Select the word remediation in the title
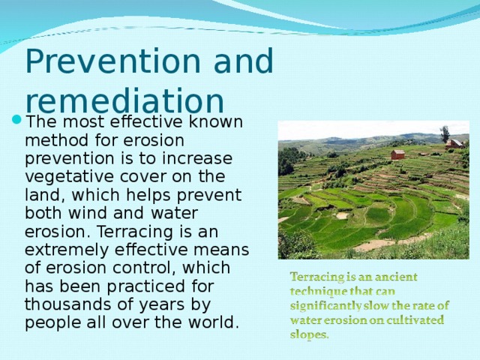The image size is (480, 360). (x=124, y=101)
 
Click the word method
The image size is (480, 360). (x=56, y=140)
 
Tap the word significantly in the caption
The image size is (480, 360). (x=326, y=305)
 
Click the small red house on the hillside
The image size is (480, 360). (x=397, y=154)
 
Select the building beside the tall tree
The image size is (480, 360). (x=454, y=143)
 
